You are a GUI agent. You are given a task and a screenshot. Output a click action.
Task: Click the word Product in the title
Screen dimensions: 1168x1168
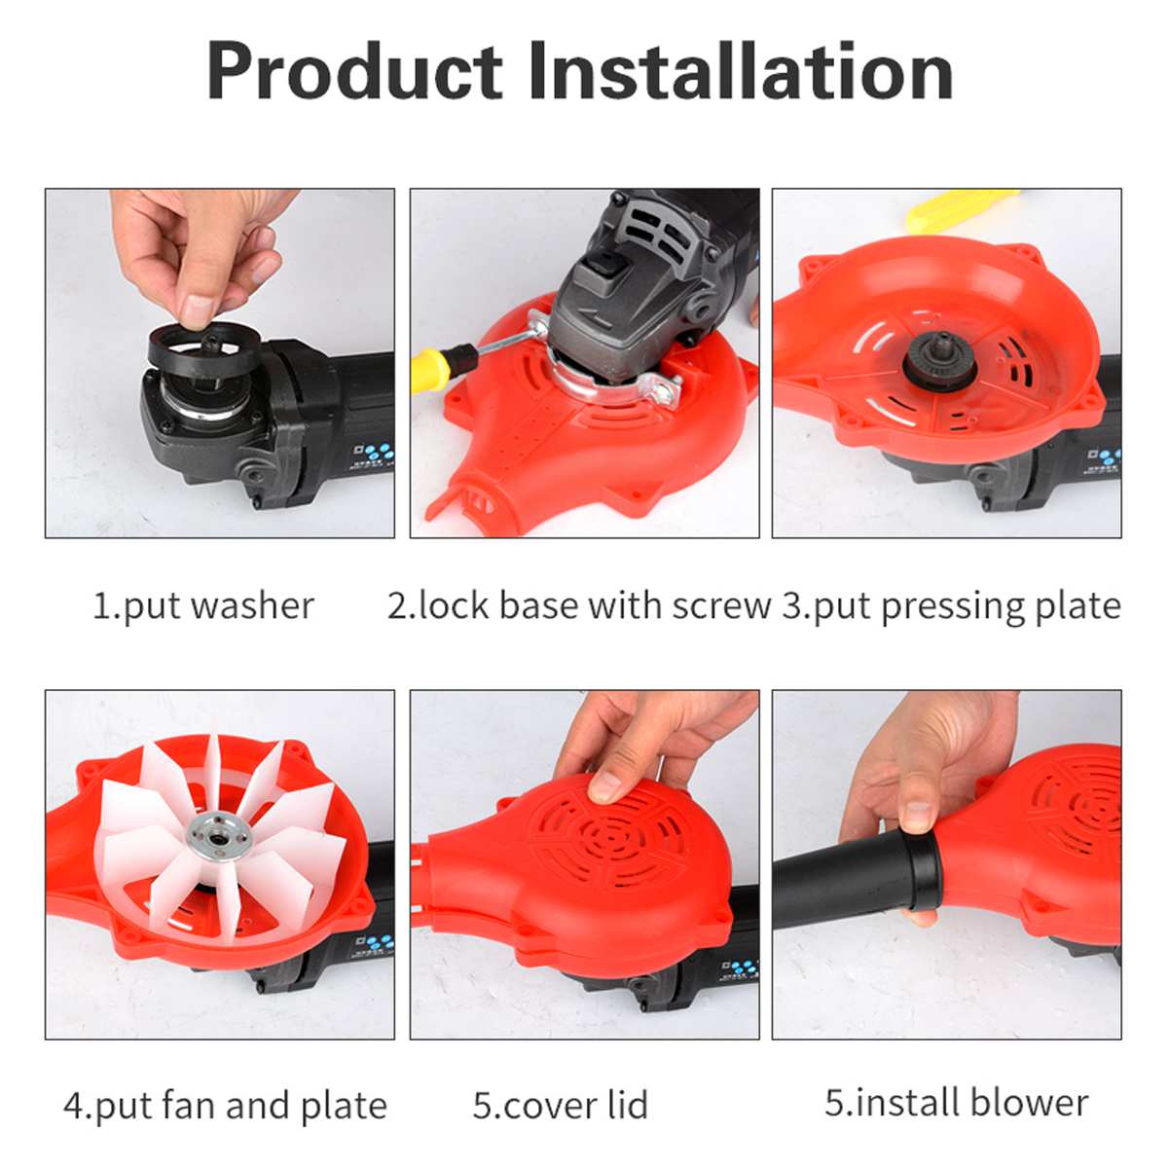point(354,73)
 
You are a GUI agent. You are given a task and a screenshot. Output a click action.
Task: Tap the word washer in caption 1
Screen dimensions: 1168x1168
point(252,605)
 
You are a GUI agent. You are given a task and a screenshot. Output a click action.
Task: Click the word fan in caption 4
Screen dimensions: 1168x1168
point(190,1106)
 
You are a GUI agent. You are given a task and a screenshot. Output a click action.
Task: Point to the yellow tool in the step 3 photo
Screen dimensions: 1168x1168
point(959,209)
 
